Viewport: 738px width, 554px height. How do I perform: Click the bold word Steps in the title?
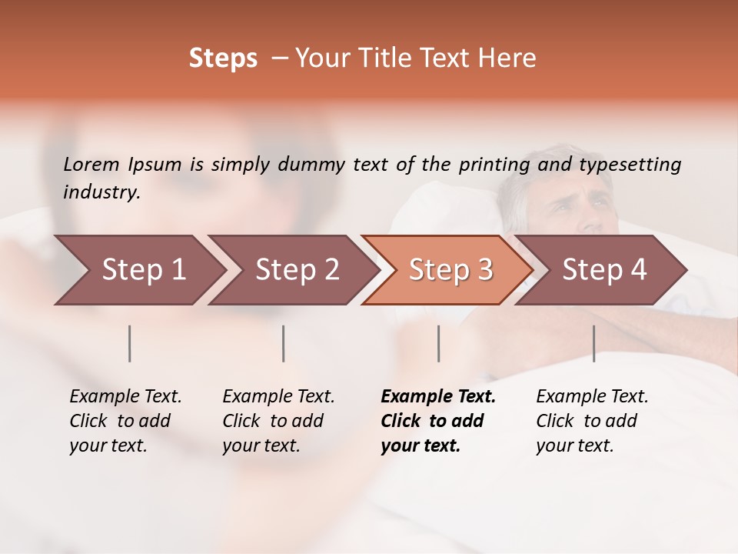223,58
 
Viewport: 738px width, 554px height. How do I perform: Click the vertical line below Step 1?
130,343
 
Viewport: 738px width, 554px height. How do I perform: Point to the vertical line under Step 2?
284,343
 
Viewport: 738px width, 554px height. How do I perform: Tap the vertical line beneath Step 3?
438,343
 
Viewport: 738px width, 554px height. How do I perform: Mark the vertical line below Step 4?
593,343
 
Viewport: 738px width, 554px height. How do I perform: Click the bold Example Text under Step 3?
438,421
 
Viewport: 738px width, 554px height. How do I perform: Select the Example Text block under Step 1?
125,421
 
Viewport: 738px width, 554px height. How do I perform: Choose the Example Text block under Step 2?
278,421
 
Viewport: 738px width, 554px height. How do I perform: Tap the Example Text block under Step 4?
592,421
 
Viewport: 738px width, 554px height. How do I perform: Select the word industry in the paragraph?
100,192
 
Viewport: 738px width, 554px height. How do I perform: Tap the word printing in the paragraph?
494,164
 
